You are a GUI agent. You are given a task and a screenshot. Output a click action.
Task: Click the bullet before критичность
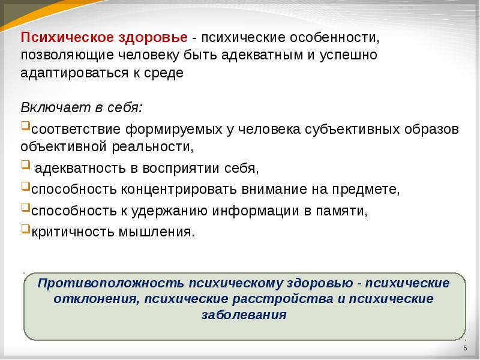tap(25, 229)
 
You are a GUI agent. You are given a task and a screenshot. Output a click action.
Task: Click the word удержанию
tap(170, 211)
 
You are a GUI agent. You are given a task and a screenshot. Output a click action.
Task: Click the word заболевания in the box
tap(244, 314)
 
